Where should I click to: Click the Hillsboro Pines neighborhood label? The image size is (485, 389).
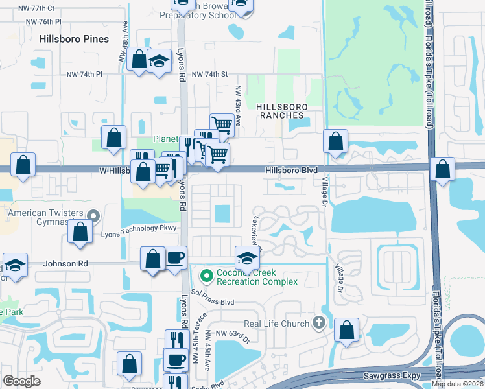click(74, 39)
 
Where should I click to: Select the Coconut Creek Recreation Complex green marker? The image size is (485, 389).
click(207, 276)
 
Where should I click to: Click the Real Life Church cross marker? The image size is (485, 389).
click(318, 322)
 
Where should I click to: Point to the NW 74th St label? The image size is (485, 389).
click(211, 75)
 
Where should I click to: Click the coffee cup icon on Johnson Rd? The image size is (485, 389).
click(174, 257)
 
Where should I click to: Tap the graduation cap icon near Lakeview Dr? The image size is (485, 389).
click(246, 258)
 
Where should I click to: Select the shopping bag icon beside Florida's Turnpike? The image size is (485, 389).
click(442, 169)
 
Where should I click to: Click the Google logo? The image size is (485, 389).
click(22, 381)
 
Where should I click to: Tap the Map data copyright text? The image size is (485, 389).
click(456, 384)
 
